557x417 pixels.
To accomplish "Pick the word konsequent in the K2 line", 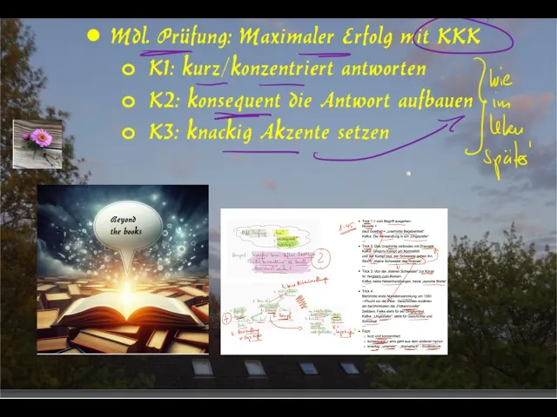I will [x=228, y=101].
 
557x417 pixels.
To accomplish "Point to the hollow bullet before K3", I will [x=129, y=133].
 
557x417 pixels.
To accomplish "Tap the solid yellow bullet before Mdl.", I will [x=93, y=37].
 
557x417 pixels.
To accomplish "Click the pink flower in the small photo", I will [x=40, y=137].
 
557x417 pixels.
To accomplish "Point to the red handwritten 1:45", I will [x=346, y=228].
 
